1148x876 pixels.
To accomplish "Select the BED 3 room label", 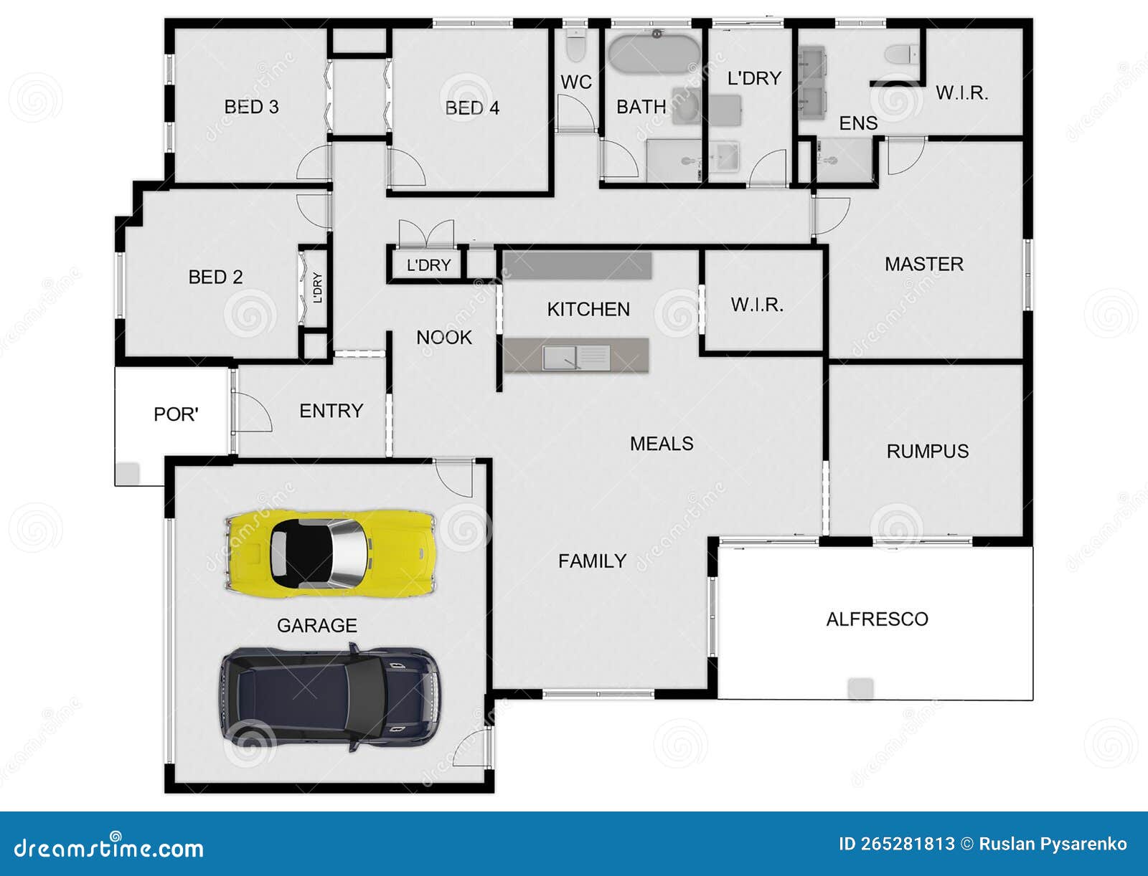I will coord(251,107).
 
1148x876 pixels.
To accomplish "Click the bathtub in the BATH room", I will coord(654,52).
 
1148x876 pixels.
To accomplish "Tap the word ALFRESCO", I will coord(877,619).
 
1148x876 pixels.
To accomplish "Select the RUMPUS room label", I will coord(927,451).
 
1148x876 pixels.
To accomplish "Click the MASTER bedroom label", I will coord(923,264).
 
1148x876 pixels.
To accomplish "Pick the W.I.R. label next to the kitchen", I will coord(756,305).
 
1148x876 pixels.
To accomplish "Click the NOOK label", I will coord(444,337).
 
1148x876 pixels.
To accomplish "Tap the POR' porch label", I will coord(176,414).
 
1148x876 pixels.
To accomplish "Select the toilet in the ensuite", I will coord(901,54).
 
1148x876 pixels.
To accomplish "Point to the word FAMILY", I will coord(592,561).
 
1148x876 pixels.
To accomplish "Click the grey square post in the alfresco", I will coord(860,688).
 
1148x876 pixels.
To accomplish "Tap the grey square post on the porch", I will coord(128,473).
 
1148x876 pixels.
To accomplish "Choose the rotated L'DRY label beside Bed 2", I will coord(317,287).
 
